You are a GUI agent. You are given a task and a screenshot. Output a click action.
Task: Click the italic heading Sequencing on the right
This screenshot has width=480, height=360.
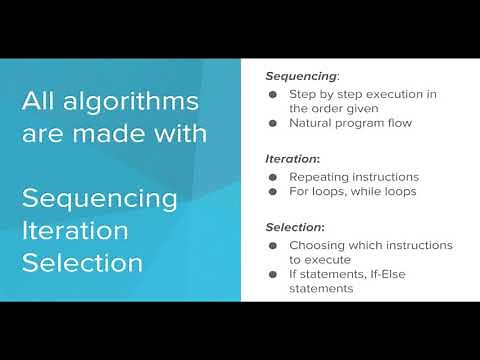click(301, 76)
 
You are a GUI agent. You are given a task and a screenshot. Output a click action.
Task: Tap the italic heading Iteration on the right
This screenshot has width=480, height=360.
click(291, 158)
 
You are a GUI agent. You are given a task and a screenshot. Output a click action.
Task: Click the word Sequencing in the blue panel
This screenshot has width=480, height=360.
click(100, 198)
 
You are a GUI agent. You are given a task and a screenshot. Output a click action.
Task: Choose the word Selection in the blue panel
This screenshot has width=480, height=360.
click(81, 263)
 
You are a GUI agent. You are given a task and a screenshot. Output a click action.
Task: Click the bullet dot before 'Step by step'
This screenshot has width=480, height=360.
click(274, 94)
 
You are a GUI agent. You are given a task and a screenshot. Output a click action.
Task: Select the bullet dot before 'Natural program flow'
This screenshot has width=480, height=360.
click(274, 123)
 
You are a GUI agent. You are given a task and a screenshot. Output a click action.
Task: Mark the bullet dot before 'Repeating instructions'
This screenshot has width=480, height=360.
click(274, 175)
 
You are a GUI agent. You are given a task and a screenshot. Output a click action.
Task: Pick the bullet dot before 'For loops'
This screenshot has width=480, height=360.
click(274, 190)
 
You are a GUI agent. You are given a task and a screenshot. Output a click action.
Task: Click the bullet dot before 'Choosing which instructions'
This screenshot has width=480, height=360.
click(274, 245)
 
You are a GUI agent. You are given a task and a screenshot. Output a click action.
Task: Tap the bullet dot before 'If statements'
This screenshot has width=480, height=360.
click(274, 274)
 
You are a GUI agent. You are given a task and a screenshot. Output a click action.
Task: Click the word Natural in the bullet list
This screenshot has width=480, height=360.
click(310, 123)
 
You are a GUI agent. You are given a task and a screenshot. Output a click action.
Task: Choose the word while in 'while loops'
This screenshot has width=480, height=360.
click(366, 190)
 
